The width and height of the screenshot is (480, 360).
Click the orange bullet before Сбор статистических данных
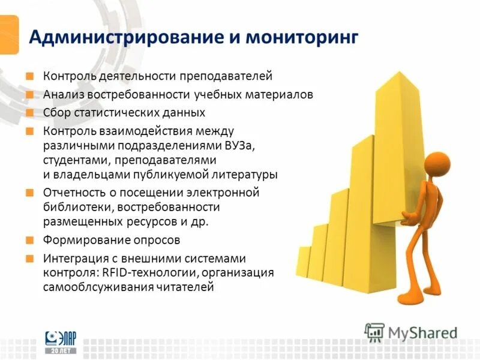29,113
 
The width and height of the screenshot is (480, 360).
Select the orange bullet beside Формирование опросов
29,240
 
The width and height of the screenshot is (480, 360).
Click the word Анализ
63,95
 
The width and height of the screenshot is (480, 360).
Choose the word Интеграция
73,259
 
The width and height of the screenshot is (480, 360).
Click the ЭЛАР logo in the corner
62,343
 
